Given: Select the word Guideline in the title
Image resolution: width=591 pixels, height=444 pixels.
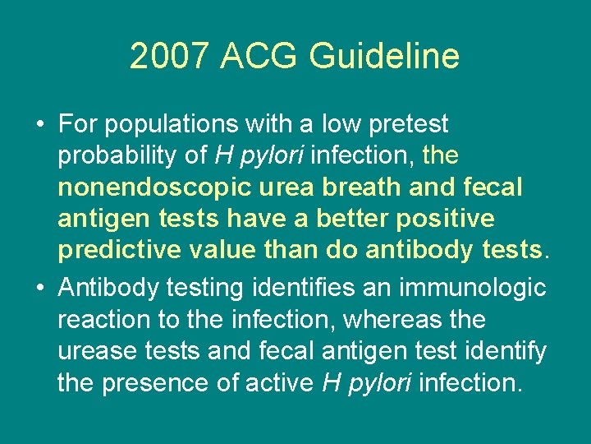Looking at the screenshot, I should click(383, 57).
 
